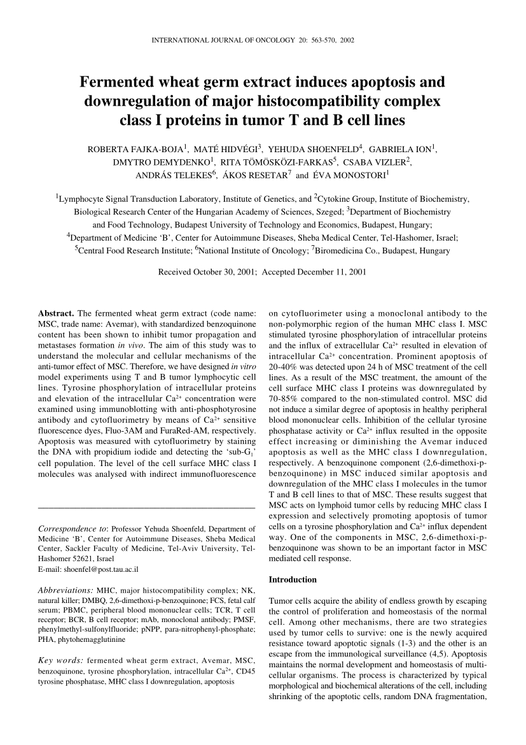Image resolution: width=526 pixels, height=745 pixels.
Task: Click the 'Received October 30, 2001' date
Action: (208, 272)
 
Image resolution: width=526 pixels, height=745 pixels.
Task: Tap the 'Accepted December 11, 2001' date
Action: (314, 272)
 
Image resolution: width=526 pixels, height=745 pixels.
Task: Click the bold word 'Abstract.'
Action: (57, 313)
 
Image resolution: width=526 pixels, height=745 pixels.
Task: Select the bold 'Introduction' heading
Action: (293, 579)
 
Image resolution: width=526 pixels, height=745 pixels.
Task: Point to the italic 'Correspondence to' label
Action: (71, 528)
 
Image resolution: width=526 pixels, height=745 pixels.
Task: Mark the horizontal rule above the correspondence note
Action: (147, 507)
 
